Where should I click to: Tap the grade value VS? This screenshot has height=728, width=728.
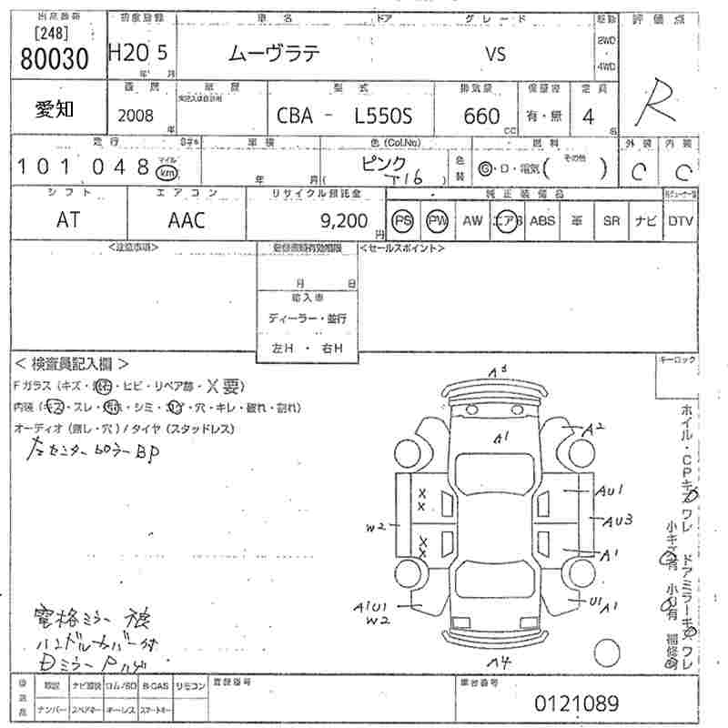494,54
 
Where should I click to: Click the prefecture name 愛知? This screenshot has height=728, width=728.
54,110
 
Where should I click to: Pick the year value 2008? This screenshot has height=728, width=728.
136,116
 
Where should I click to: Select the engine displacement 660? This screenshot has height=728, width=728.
481,116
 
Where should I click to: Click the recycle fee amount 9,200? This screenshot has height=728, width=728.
345,220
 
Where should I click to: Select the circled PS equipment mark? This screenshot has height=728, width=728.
403,221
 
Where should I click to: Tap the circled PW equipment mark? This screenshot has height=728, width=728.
439,221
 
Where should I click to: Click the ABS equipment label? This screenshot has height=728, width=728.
542,221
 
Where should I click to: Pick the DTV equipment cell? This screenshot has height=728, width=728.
681,221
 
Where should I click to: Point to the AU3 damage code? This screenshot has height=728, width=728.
618,521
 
